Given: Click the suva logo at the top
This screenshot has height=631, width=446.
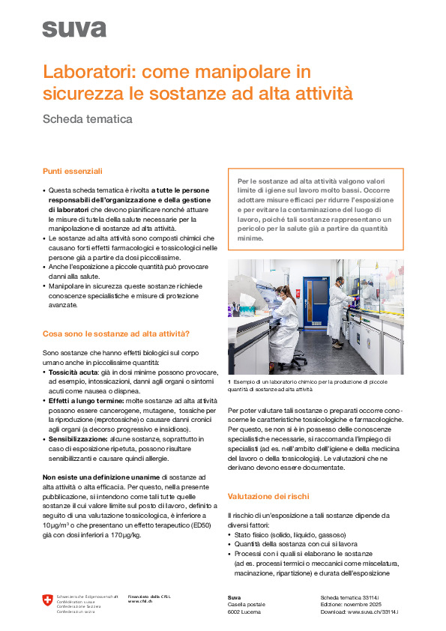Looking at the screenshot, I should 74,29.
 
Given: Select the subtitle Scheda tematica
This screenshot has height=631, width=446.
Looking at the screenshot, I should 88,118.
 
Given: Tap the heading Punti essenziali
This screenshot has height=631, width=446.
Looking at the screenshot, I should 72,172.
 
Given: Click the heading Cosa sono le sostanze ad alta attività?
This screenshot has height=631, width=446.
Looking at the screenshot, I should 115,333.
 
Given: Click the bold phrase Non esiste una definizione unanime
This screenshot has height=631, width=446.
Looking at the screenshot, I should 101,477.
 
